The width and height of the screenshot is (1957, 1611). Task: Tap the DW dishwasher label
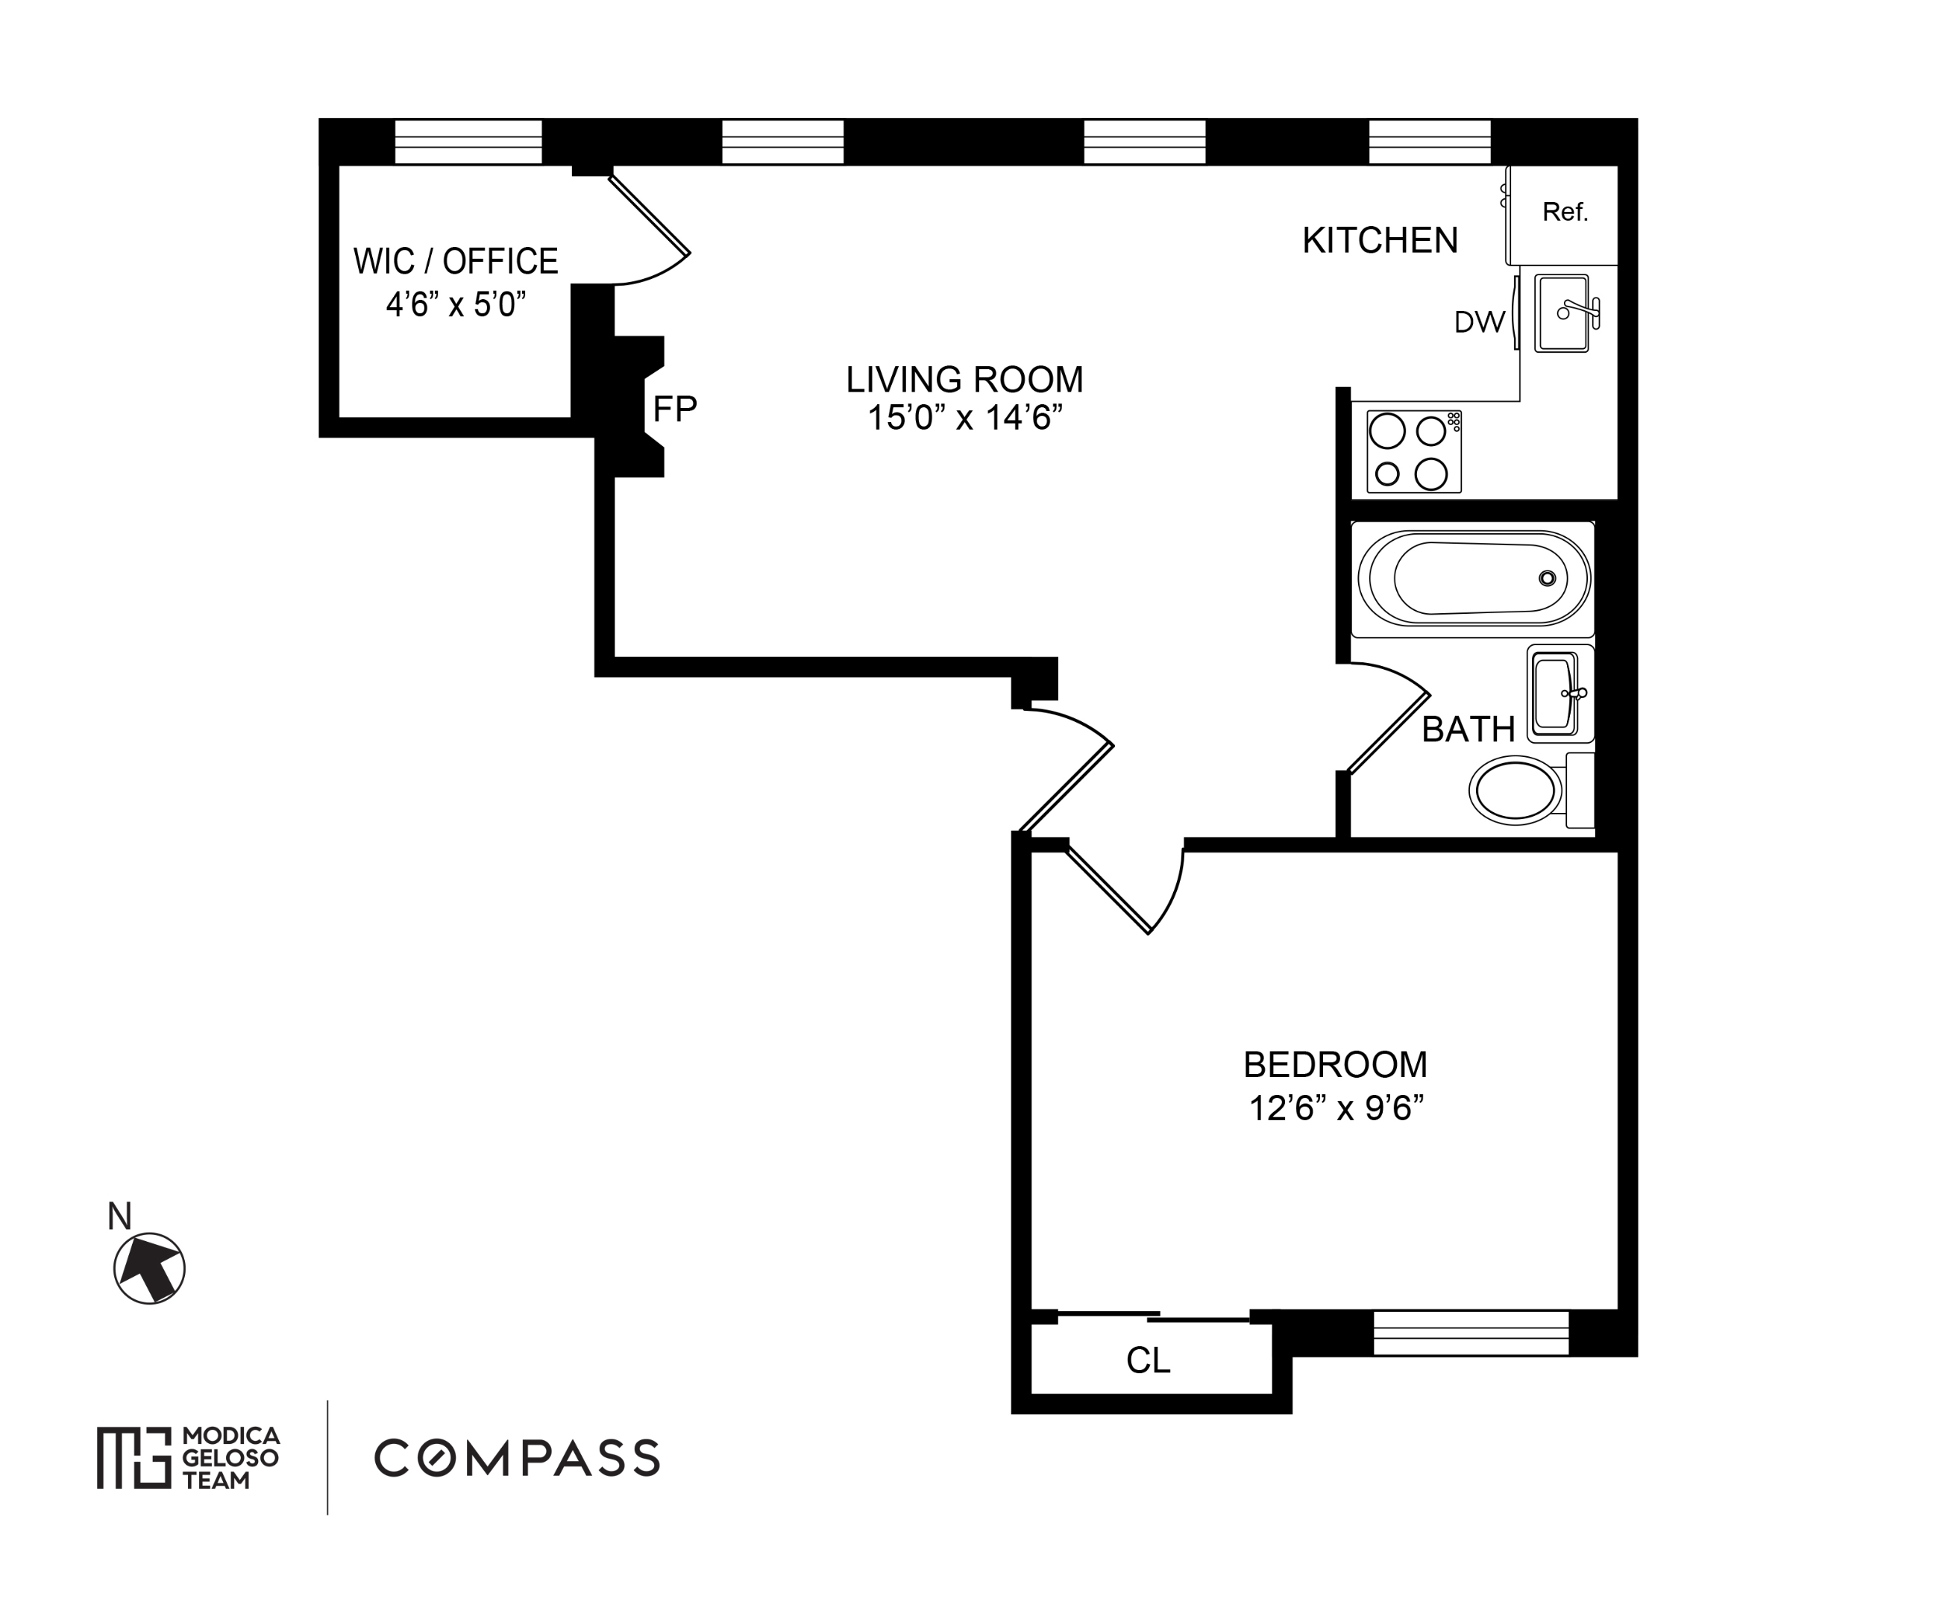click(x=1478, y=322)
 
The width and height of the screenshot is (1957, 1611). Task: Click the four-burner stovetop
click(x=1413, y=452)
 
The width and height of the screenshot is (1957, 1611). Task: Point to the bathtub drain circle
click(x=1547, y=578)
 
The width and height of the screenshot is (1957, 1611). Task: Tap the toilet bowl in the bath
click(x=1515, y=791)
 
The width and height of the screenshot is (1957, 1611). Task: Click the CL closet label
click(x=1148, y=1360)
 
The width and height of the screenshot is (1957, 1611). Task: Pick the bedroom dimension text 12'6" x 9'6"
click(x=1335, y=1108)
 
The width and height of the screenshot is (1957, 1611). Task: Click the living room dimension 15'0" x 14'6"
click(x=964, y=418)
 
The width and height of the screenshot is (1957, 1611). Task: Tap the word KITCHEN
click(x=1380, y=240)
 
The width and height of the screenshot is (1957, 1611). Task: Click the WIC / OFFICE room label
click(x=456, y=262)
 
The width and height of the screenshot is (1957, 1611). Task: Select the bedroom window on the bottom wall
click(x=1471, y=1333)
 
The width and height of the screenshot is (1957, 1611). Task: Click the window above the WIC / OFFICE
click(x=468, y=142)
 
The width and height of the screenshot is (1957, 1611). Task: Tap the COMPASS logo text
click(x=517, y=1458)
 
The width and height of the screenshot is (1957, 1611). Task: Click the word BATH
click(x=1468, y=730)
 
